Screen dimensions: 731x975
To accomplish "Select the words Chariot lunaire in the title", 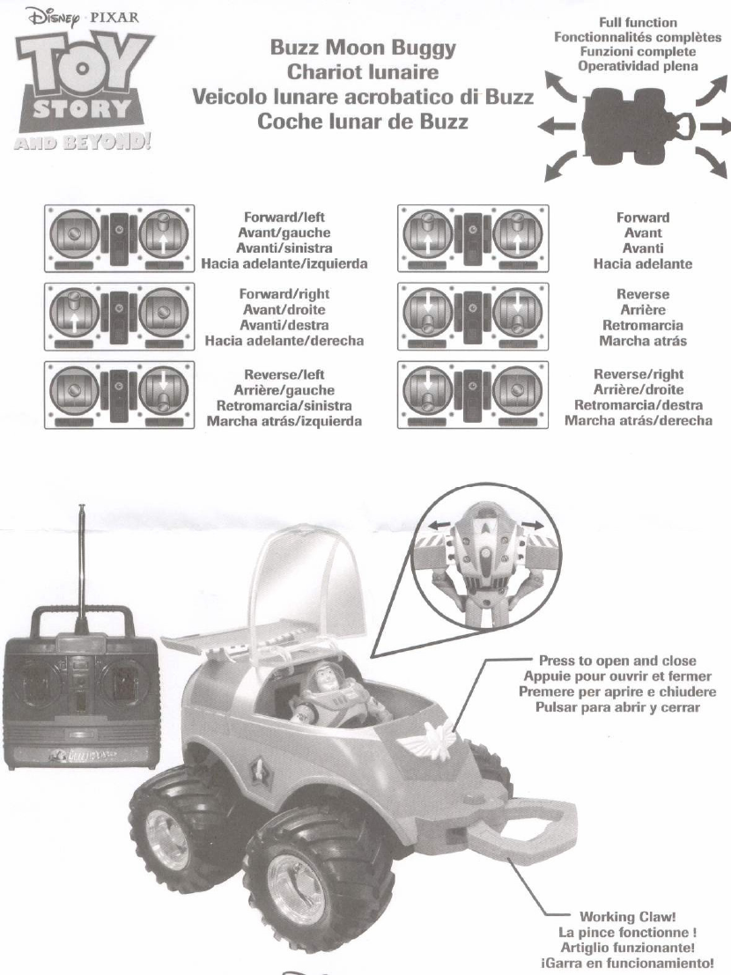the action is (x=363, y=72).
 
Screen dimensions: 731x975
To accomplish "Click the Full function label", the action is (x=638, y=23).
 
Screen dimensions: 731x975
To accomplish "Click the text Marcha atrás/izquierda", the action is (x=284, y=422).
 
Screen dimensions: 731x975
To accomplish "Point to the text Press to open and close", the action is (x=617, y=661).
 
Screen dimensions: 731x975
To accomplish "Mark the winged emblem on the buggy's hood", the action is (x=432, y=735).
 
